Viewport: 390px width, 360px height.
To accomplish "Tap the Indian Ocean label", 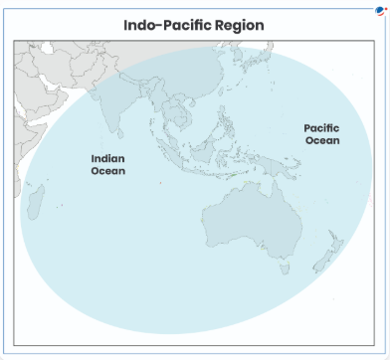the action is pos(108,164).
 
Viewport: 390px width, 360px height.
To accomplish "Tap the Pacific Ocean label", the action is pos(321,134).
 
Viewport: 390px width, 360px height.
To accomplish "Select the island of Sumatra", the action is pos(171,151).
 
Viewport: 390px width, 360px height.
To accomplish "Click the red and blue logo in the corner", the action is pos(379,10).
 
